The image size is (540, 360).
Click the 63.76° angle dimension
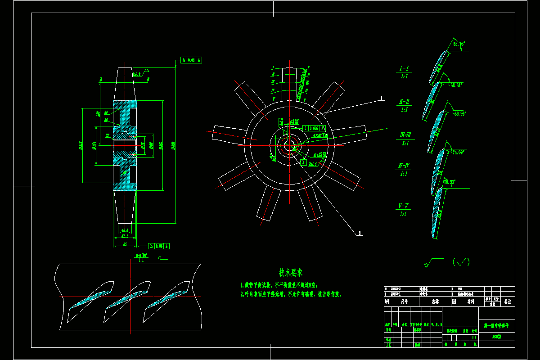click(x=459, y=44)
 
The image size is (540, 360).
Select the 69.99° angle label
click(x=459, y=113)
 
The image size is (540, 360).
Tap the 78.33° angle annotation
click(x=449, y=182)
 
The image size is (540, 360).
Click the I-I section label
click(x=404, y=69)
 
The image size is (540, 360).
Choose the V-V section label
click(x=404, y=206)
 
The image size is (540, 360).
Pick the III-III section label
click(x=405, y=135)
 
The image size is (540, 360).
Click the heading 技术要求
click(x=290, y=272)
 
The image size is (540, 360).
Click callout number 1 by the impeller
click(x=382, y=98)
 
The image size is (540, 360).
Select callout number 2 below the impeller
click(x=360, y=233)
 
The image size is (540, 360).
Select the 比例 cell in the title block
click(x=473, y=330)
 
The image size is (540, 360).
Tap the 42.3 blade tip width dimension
click(x=125, y=229)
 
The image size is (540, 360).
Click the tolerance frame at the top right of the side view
click(x=191, y=59)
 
